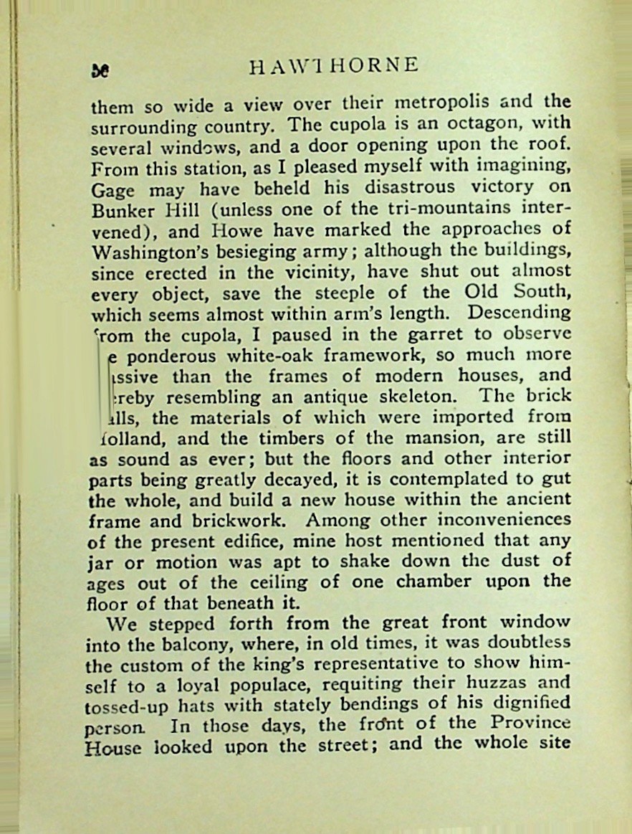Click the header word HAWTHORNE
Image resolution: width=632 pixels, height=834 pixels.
pos(332,66)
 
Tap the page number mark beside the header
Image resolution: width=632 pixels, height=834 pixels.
pos(100,70)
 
